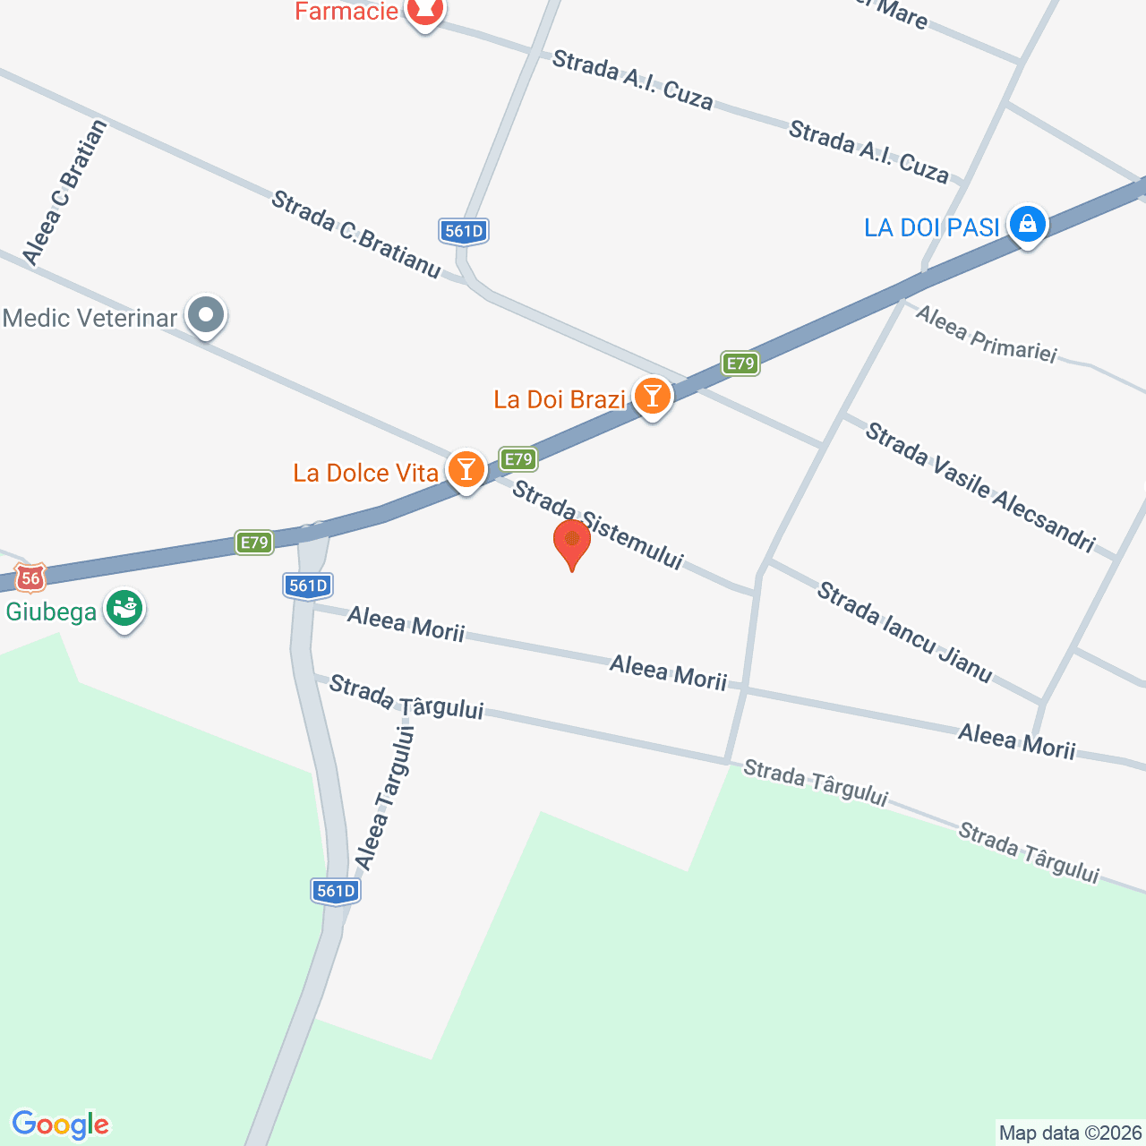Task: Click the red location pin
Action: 571,543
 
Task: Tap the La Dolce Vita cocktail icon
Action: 466,469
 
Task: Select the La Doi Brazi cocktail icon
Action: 652,396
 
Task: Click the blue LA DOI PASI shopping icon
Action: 1027,225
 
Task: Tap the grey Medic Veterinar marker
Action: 207,315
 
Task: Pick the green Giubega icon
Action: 124,610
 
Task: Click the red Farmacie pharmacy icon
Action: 424,11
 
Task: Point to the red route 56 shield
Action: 30,578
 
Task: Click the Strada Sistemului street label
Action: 597,526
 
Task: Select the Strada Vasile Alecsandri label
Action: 979,488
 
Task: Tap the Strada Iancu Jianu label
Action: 904,632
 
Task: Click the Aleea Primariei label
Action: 986,334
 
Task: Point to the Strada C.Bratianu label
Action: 355,234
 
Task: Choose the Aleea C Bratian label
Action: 64,193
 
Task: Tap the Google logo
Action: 61,1125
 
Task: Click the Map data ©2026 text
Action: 1070,1133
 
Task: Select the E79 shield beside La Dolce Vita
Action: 518,459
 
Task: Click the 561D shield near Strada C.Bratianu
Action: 464,231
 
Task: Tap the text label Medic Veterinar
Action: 90,318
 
